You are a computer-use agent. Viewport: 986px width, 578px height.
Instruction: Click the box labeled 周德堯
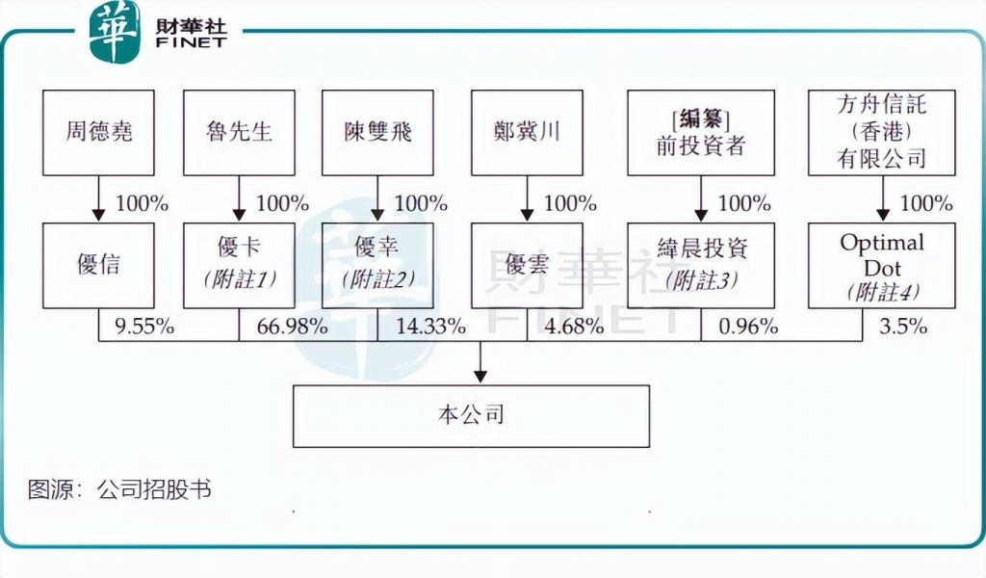click(x=98, y=133)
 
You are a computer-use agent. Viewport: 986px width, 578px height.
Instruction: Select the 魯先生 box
click(x=239, y=133)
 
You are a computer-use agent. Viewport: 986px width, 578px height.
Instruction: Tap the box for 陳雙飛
click(x=377, y=133)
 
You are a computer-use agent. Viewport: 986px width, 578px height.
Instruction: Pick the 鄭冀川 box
click(x=527, y=133)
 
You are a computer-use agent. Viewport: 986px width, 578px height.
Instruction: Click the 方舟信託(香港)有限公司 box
click(x=882, y=133)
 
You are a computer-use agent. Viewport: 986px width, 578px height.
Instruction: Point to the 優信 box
click(x=98, y=266)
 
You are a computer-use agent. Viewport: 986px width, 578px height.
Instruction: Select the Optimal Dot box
click(x=882, y=266)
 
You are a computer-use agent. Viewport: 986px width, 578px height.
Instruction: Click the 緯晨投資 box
click(x=701, y=266)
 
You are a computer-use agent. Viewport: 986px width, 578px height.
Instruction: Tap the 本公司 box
click(x=471, y=416)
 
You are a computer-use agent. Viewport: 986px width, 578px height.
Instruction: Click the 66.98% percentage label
click(x=293, y=327)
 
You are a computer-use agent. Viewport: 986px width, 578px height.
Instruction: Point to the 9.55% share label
click(x=144, y=327)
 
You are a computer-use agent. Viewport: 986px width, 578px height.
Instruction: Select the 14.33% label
click(x=430, y=327)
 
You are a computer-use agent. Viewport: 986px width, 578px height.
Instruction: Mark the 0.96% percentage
click(x=748, y=327)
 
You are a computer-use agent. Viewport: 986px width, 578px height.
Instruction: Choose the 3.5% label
click(x=903, y=327)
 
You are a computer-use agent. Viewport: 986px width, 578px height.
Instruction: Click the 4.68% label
click(x=574, y=327)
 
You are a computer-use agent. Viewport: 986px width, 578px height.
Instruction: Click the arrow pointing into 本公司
click(x=480, y=361)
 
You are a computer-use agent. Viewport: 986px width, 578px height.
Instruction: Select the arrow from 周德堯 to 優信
click(x=98, y=198)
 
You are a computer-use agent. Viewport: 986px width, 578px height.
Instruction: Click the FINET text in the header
click(x=192, y=42)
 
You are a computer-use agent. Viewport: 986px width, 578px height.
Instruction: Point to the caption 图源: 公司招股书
click(x=119, y=490)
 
